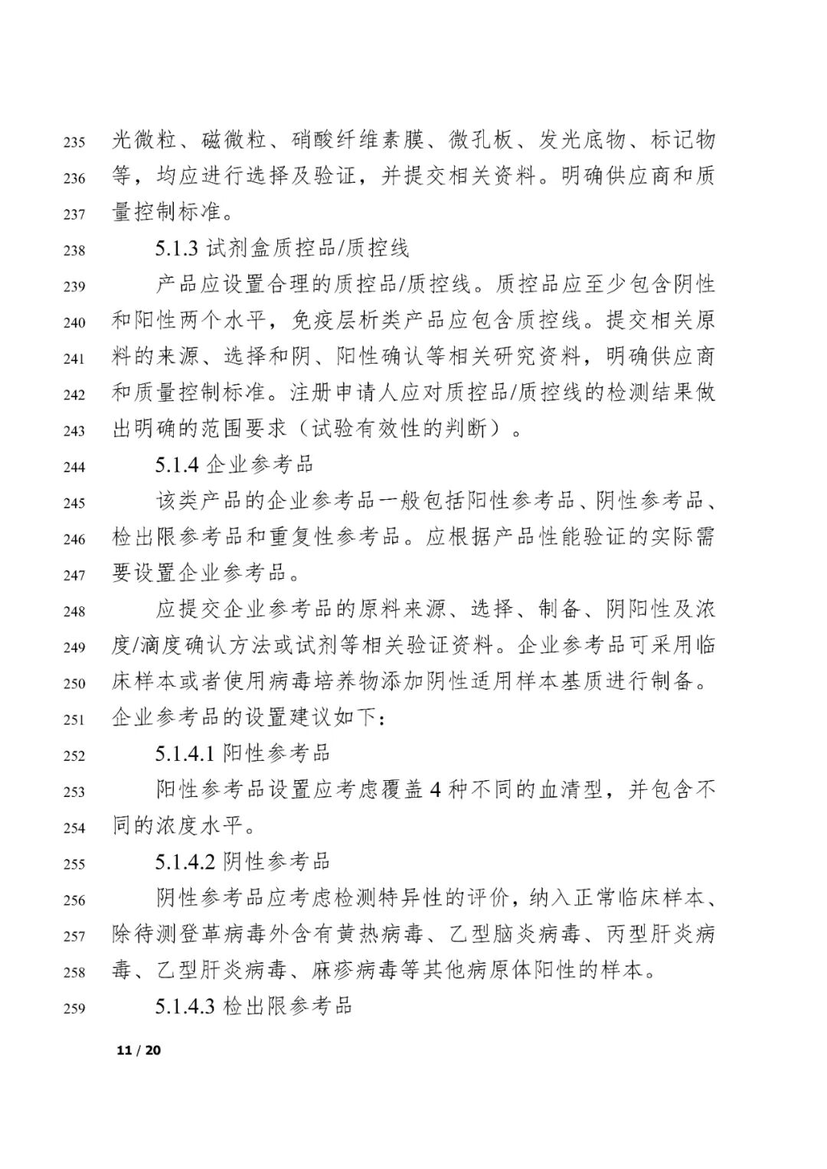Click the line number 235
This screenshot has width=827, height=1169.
tap(74, 142)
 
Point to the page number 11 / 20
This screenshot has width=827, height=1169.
tap(139, 1050)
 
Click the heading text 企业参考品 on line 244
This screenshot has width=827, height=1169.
tap(260, 465)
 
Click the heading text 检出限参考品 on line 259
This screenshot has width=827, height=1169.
tap(287, 1006)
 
